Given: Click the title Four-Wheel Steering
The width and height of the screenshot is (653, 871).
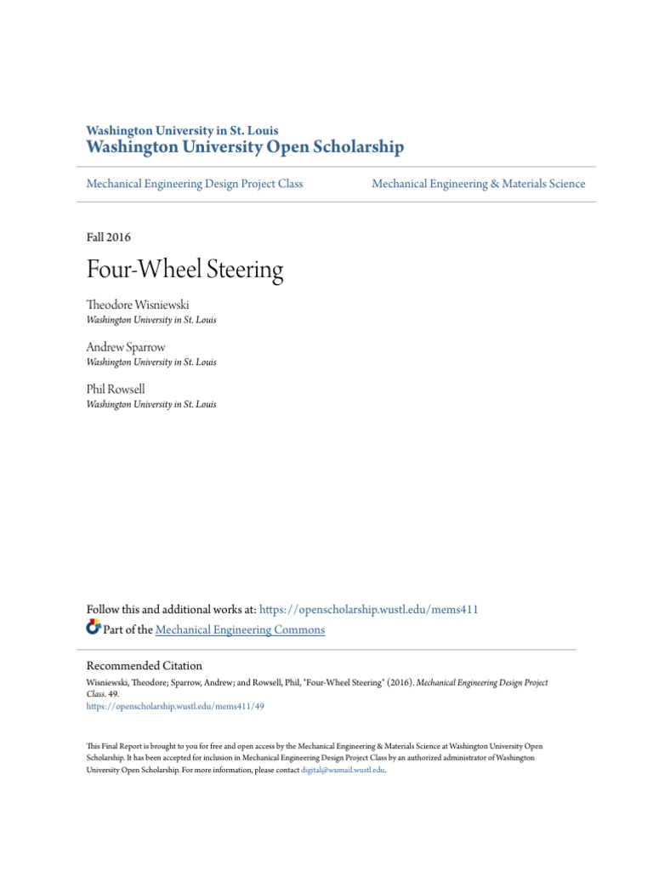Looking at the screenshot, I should [x=185, y=270].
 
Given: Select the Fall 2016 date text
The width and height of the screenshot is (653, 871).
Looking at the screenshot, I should [x=109, y=237].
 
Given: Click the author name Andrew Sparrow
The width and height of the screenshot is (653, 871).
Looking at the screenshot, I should [x=126, y=347].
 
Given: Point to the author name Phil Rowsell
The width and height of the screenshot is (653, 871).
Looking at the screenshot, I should [x=116, y=389].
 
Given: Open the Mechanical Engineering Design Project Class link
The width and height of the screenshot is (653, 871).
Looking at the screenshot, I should [x=195, y=183].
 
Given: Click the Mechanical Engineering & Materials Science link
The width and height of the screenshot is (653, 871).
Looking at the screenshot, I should [x=479, y=183].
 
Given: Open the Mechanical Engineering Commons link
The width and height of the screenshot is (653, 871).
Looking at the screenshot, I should [x=241, y=629].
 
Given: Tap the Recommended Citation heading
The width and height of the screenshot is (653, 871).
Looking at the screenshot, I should [x=145, y=665].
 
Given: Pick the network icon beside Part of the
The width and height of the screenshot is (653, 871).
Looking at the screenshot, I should [x=94, y=629].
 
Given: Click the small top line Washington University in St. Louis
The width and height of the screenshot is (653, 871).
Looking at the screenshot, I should [x=183, y=130].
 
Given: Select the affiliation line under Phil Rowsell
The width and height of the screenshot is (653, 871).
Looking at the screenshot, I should [x=151, y=404].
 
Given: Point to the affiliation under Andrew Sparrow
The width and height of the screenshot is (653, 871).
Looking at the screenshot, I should [x=151, y=361].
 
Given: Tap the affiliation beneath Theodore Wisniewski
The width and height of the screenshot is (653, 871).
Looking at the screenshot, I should [x=151, y=320].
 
